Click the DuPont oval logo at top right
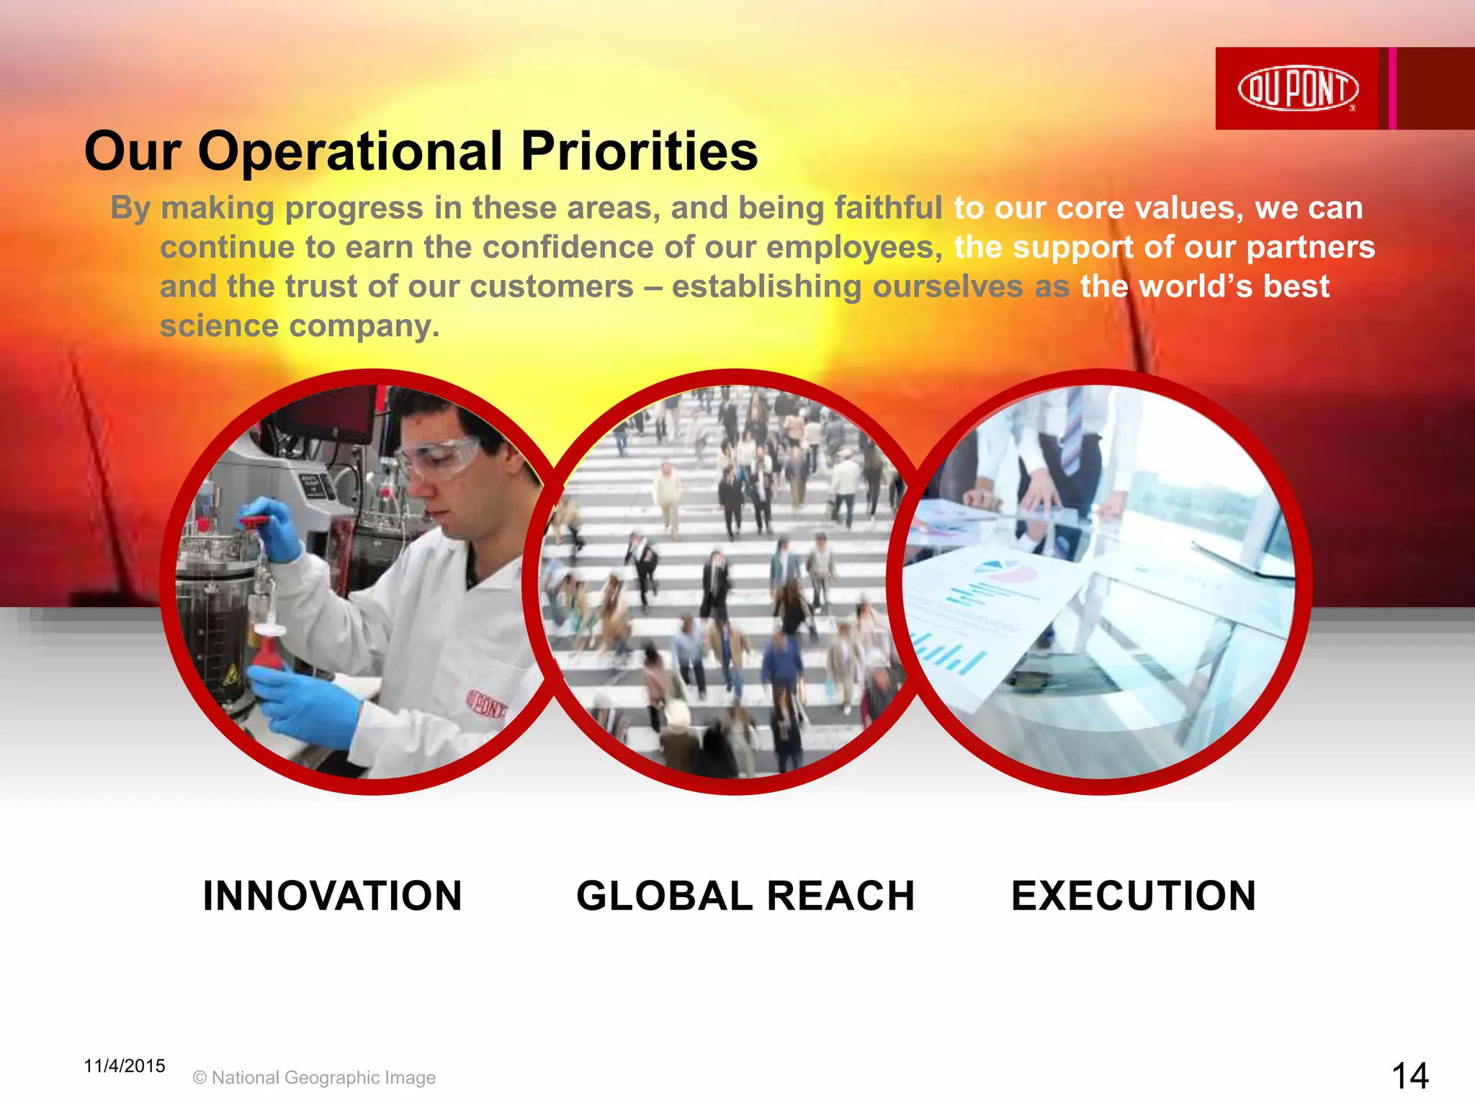[1298, 89]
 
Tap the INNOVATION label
[332, 896]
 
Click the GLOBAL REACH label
[745, 896]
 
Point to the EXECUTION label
[1134, 896]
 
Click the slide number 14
[1409, 1076]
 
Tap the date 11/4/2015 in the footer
[125, 1066]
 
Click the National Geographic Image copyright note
[315, 1077]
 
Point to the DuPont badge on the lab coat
[488, 703]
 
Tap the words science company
[299, 326]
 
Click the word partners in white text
[1310, 247]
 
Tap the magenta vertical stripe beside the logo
[1393, 89]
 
